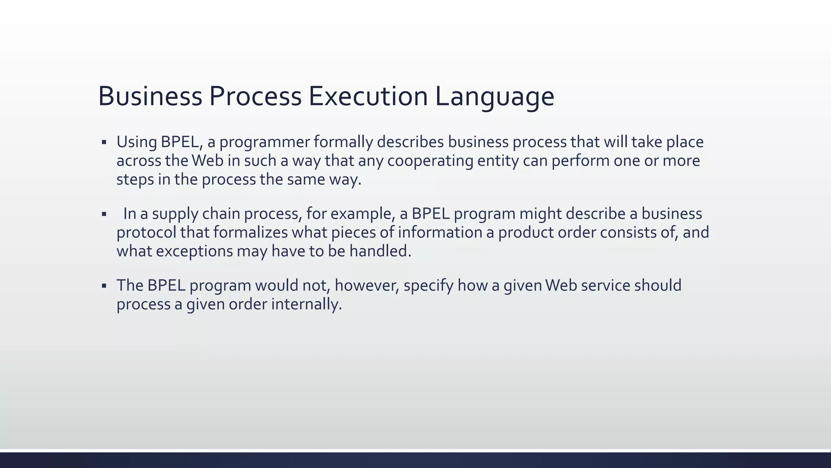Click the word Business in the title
pyautogui.click(x=150, y=97)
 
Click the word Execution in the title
pyautogui.click(x=368, y=97)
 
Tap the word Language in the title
pyautogui.click(x=494, y=97)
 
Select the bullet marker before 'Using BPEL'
pyautogui.click(x=104, y=143)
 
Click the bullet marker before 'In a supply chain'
pyautogui.click(x=104, y=214)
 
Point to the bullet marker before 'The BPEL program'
pyautogui.click(x=104, y=286)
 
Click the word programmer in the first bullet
pyautogui.click(x=264, y=142)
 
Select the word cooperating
pyautogui.click(x=430, y=161)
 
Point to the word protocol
pyautogui.click(x=146, y=233)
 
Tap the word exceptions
pyautogui.click(x=194, y=251)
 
